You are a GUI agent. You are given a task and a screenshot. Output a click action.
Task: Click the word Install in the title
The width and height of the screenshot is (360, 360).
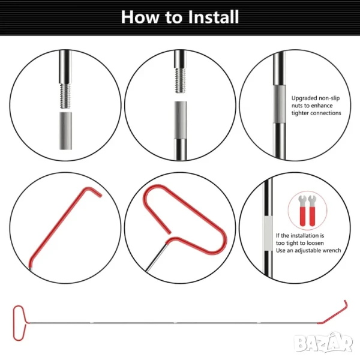pyautogui.click(x=214, y=17)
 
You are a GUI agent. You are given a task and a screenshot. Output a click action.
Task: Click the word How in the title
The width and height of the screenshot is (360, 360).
pyautogui.click(x=140, y=17)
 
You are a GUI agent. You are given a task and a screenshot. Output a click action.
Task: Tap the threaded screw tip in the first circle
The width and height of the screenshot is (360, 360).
pyautogui.click(x=65, y=96)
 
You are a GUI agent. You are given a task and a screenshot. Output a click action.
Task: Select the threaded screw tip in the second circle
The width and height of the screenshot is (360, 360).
pyautogui.click(x=181, y=80)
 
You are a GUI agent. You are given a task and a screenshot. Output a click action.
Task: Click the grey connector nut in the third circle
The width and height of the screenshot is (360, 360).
pyautogui.click(x=280, y=104)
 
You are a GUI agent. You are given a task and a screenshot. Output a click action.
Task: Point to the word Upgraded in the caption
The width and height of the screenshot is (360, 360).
pyautogui.click(x=304, y=98)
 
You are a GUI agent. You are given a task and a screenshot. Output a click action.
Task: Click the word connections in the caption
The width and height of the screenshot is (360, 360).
pyautogui.click(x=326, y=113)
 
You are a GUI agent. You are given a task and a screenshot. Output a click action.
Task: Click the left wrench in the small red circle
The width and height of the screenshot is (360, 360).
pyautogui.click(x=303, y=211)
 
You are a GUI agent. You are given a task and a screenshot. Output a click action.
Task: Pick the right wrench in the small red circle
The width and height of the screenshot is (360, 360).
pyautogui.click(x=312, y=211)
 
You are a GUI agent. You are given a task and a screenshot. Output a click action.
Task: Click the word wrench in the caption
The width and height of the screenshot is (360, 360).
pyautogui.click(x=332, y=250)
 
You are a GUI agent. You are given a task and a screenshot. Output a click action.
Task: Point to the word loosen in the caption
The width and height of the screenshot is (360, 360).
pyautogui.click(x=315, y=243)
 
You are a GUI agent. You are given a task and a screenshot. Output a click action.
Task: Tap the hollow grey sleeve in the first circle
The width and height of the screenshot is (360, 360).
pyautogui.click(x=65, y=131)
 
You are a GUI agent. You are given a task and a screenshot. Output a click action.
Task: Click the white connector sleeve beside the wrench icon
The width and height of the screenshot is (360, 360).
pyautogui.click(x=268, y=233)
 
